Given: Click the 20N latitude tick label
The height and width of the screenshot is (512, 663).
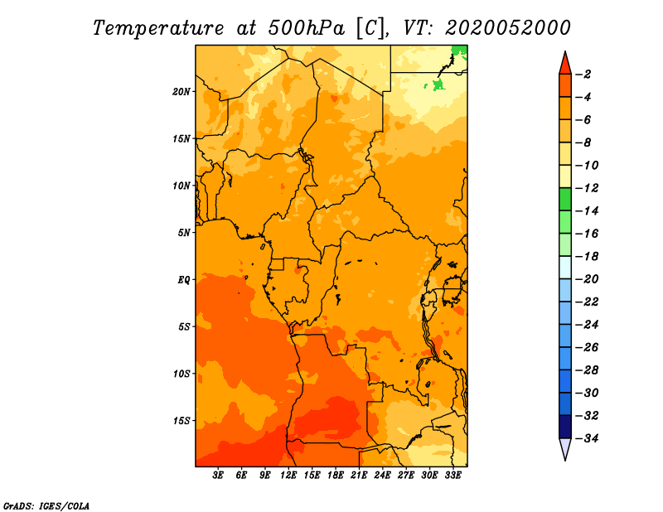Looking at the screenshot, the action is pyautogui.click(x=181, y=92).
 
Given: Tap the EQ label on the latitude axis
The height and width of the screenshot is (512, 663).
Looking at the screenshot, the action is pyautogui.click(x=183, y=280).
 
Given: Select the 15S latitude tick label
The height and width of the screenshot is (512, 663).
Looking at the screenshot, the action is pyautogui.click(x=181, y=421).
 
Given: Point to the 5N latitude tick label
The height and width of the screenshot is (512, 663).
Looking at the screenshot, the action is pyautogui.click(x=183, y=233).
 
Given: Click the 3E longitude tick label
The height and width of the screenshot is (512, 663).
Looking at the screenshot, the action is pyautogui.click(x=218, y=476).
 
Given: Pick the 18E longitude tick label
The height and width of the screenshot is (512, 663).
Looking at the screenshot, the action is pyautogui.click(x=336, y=476).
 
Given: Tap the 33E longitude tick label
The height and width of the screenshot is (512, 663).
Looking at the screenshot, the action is pyautogui.click(x=452, y=476).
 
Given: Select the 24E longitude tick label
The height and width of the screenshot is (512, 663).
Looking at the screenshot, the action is pyautogui.click(x=382, y=476).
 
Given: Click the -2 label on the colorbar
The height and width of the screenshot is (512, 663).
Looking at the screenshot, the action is pyautogui.click(x=583, y=75).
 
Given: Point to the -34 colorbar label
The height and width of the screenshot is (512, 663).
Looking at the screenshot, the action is pyautogui.click(x=588, y=438).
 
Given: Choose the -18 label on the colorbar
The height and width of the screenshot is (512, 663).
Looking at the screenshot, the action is pyautogui.click(x=588, y=257).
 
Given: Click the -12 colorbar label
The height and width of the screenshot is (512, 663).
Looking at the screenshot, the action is pyautogui.click(x=588, y=188).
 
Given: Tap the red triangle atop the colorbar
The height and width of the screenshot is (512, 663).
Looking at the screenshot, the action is pyautogui.click(x=565, y=65).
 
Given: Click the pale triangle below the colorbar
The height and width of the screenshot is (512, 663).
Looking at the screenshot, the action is pyautogui.click(x=565, y=447).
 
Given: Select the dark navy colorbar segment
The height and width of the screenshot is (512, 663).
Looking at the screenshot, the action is pyautogui.click(x=565, y=427).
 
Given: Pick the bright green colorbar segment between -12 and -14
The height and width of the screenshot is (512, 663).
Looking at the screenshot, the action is pyautogui.click(x=565, y=200).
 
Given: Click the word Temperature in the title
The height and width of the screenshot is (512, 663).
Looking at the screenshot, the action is pyautogui.click(x=158, y=28).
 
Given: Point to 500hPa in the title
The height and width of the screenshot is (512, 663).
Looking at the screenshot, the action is pyautogui.click(x=306, y=28).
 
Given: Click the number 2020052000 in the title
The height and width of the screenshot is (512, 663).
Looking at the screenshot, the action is pyautogui.click(x=508, y=28).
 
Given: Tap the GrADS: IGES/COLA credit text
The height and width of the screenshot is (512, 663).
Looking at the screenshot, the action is pyautogui.click(x=46, y=506).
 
